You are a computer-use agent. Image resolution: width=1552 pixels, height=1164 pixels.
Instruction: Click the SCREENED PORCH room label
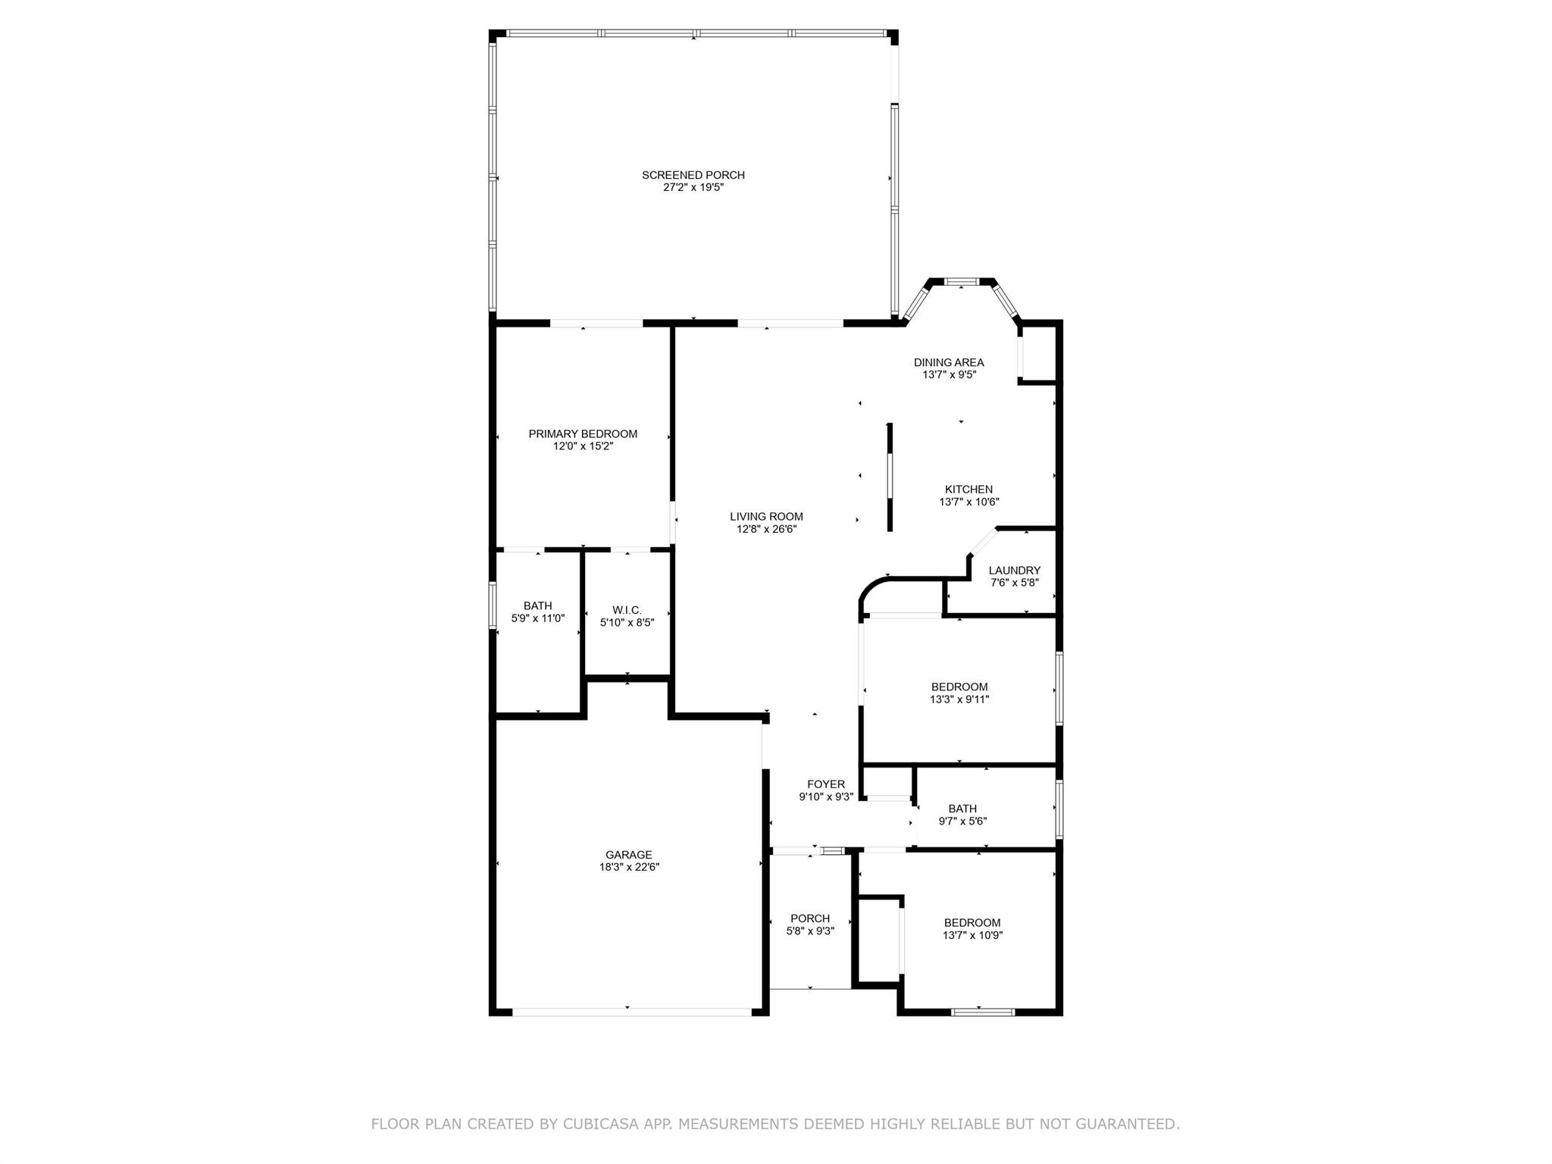pyautogui.click(x=693, y=175)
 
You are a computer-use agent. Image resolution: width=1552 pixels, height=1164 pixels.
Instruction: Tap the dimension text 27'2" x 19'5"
pyautogui.click(x=693, y=187)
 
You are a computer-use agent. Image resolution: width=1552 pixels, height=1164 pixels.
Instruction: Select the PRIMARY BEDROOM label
pyautogui.click(x=583, y=434)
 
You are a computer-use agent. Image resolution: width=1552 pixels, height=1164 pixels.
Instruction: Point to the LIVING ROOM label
pyautogui.click(x=766, y=517)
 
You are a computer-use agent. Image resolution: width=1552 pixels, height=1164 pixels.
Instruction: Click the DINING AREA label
pyautogui.click(x=948, y=362)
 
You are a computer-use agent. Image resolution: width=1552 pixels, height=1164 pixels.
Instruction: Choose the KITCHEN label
pyautogui.click(x=968, y=490)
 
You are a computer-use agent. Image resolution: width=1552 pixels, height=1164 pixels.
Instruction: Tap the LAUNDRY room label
pyautogui.click(x=1014, y=571)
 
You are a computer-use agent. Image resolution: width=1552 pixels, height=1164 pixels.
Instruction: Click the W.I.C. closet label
pyautogui.click(x=627, y=610)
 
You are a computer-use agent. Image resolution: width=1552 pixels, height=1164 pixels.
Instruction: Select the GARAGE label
pyautogui.click(x=628, y=855)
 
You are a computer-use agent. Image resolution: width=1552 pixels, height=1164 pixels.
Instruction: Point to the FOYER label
pyautogui.click(x=825, y=784)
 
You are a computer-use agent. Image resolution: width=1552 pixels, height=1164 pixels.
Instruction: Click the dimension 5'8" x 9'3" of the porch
pyautogui.click(x=810, y=931)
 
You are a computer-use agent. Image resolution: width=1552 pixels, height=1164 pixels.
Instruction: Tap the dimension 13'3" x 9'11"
pyautogui.click(x=959, y=699)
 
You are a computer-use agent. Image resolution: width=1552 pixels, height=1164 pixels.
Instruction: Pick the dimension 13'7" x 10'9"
pyautogui.click(x=972, y=935)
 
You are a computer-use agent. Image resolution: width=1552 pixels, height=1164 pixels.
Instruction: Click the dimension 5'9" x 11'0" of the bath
pyautogui.click(x=537, y=618)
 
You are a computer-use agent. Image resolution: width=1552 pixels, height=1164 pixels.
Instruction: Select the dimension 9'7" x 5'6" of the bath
pyautogui.click(x=962, y=821)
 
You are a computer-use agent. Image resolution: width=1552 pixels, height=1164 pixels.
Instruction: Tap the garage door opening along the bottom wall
pyautogui.click(x=630, y=1012)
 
